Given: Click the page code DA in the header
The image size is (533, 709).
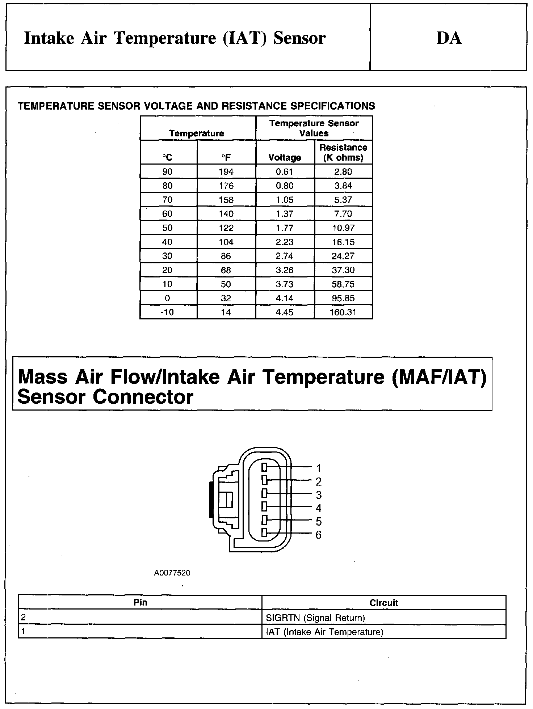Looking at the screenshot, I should point(449,38).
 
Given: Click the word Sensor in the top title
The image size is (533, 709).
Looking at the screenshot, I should point(299,38).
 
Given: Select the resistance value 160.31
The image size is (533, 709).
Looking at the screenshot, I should point(343,312).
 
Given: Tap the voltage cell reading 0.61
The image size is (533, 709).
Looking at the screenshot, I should point(284,171).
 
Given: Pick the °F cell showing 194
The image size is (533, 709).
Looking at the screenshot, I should point(226,171).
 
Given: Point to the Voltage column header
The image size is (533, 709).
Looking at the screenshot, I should point(285,157).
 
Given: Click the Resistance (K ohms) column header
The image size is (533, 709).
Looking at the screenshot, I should point(343,152).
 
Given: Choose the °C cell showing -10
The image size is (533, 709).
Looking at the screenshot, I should point(167,312).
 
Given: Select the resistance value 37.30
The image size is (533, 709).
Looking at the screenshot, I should point(343,270).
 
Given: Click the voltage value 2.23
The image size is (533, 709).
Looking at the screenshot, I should point(284,242).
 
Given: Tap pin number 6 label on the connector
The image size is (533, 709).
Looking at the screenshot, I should point(318,535).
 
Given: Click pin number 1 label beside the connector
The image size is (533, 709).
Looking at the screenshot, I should point(318,468).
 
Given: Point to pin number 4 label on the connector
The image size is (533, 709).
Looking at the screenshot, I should point(318,508).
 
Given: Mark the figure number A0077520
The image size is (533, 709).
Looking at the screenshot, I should point(172,573).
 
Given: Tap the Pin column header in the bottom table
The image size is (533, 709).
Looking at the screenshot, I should point(140,602).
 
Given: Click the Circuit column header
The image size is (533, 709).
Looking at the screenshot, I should point(383,603).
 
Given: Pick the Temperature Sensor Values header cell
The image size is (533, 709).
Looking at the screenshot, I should point(314,128).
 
